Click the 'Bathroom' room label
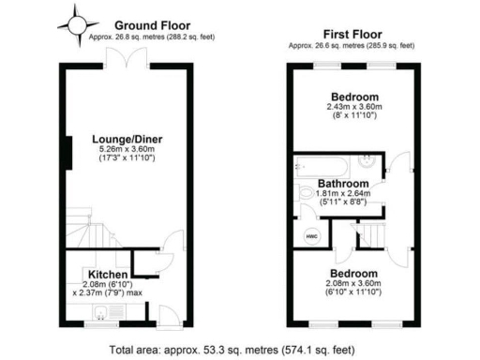(x=341, y=183)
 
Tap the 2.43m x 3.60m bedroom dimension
(x=354, y=108)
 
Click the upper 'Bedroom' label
(x=354, y=97)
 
